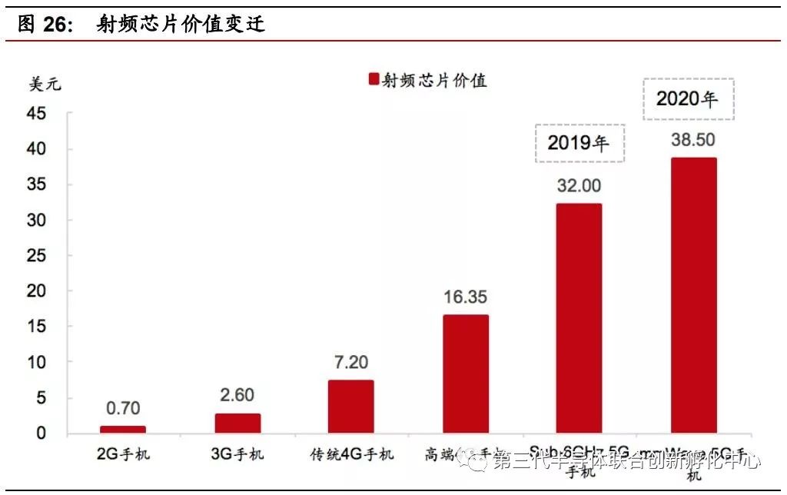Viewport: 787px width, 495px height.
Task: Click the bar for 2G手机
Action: tap(123, 430)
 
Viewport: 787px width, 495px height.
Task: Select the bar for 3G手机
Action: tap(237, 424)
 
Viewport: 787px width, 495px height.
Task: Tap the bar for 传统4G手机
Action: tap(351, 407)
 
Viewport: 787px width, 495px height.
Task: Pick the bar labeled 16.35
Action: tap(466, 374)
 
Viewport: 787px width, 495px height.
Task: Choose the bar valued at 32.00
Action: tap(579, 318)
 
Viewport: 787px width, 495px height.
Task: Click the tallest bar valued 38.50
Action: tap(694, 296)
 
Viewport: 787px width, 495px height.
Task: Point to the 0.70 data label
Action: tap(123, 409)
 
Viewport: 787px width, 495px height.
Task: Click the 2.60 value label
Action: tap(237, 397)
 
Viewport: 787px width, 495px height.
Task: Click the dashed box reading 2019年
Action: tap(580, 143)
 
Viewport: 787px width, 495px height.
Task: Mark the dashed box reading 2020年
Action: tap(689, 99)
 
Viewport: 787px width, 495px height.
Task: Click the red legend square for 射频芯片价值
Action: tap(374, 79)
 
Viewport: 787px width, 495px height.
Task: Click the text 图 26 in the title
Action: tap(45, 24)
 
